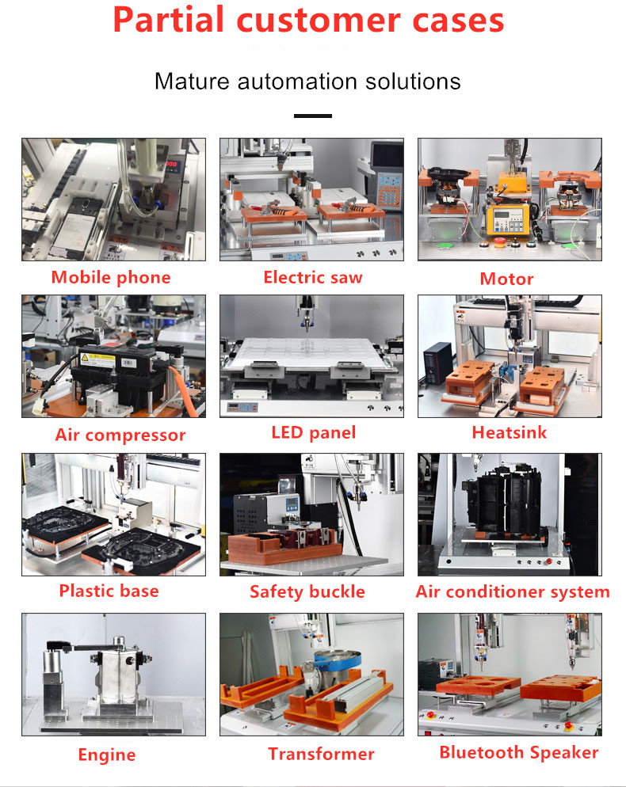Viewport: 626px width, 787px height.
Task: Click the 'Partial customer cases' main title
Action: [x=308, y=21]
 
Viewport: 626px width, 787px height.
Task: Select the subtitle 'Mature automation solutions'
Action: [x=307, y=81]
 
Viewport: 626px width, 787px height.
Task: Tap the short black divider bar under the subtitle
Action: [x=312, y=116]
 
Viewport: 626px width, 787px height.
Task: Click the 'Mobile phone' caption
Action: [x=111, y=277]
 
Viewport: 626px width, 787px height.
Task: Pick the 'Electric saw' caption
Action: [x=312, y=277]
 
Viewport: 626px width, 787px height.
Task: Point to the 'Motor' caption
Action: [x=506, y=279]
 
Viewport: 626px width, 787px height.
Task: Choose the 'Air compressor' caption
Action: [x=120, y=435]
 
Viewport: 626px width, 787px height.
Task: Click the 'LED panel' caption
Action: [x=313, y=432]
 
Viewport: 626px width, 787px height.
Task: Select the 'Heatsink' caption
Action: [x=509, y=432]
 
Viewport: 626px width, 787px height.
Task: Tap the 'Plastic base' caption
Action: [x=109, y=591]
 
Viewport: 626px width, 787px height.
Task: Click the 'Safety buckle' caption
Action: [x=307, y=591]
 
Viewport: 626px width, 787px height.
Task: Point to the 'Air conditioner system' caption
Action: [x=513, y=591]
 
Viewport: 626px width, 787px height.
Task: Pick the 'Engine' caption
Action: [x=106, y=755]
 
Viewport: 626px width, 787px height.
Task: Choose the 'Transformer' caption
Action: [x=321, y=754]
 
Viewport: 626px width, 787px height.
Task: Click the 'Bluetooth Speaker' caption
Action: [x=519, y=752]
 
